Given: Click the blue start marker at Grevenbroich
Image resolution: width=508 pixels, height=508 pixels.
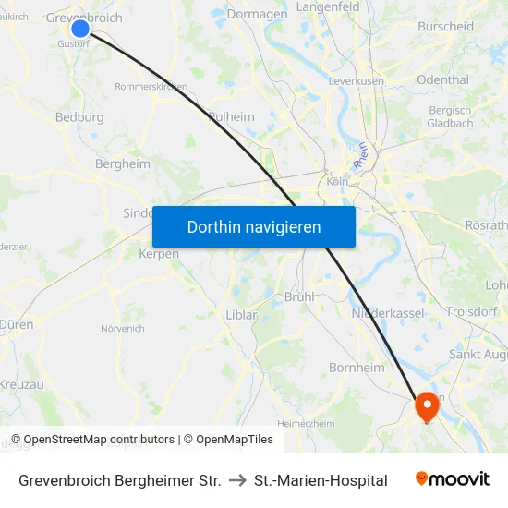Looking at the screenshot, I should point(80,29).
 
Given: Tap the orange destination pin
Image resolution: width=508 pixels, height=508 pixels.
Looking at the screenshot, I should point(428,405).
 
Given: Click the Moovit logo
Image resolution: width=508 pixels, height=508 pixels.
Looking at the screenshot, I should point(453,479).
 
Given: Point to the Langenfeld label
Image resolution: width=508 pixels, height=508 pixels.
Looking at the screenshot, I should point(327,7).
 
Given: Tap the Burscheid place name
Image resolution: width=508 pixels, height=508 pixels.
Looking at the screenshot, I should point(445,26).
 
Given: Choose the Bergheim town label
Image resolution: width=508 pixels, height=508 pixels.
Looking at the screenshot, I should point(123,163).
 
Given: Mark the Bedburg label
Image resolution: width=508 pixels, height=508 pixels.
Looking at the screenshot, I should point(79,117).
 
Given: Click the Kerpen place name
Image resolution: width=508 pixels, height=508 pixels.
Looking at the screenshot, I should point(158,254).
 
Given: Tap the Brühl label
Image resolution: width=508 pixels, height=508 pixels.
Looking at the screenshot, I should point(300,296).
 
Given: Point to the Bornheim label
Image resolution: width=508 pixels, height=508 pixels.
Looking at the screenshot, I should point(357,368).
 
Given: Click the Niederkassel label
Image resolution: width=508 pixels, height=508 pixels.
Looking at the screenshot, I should point(387,314).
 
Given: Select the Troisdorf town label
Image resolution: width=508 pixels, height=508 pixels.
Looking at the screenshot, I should point(471,312).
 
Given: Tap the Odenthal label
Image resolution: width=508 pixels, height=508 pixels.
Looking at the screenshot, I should point(442,79).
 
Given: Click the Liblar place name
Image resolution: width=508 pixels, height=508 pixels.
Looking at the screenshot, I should point(241,315).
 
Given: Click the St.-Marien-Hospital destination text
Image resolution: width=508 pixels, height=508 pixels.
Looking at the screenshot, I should point(321,480).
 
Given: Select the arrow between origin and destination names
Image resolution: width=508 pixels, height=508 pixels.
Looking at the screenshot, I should point(237,480).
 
